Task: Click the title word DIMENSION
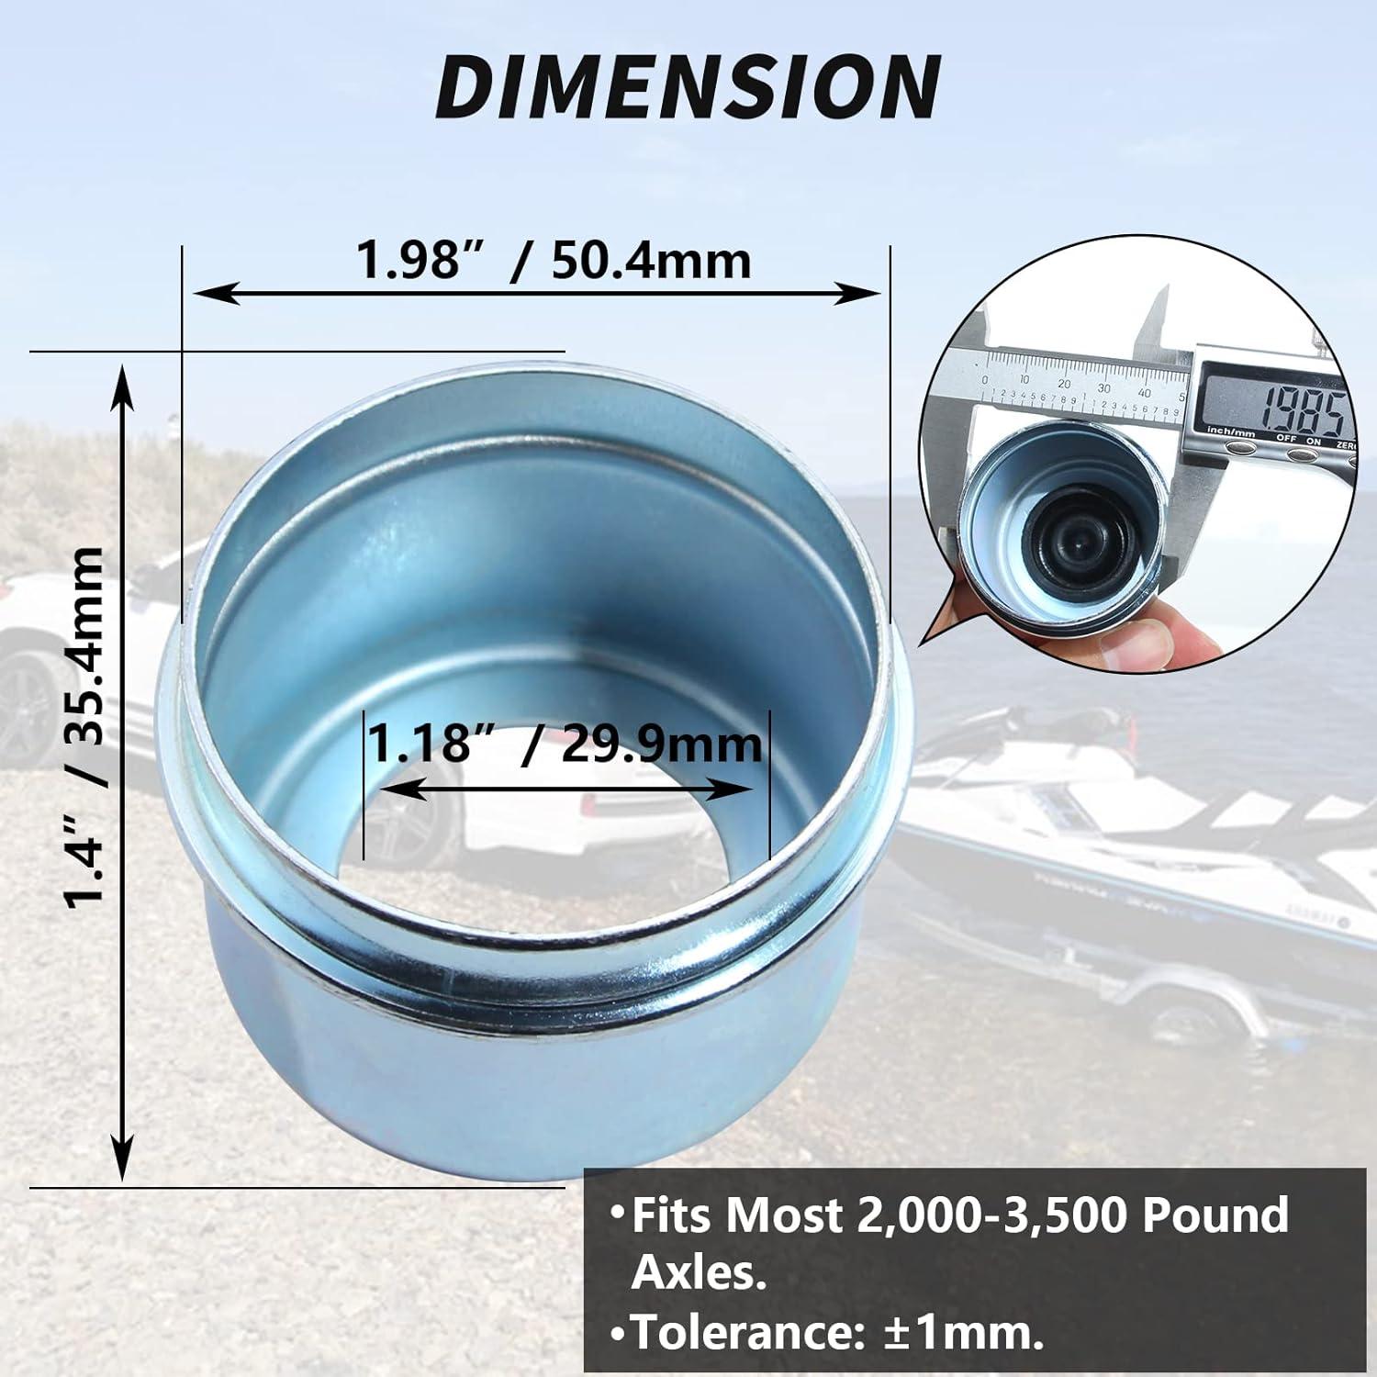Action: point(688,86)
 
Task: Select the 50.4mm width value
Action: point(651,262)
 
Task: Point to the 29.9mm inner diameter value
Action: point(661,744)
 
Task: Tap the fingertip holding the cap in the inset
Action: point(1147,638)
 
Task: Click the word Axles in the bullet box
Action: point(698,1273)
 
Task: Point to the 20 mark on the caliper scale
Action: point(1064,383)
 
